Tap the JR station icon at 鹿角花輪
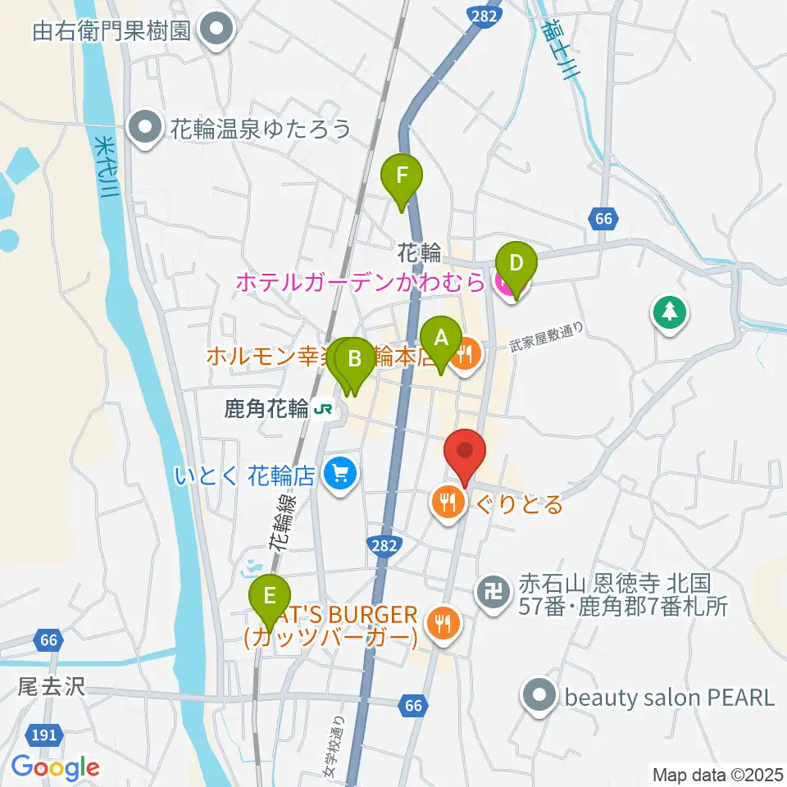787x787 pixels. pos(326,409)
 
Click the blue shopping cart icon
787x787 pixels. pos(338,473)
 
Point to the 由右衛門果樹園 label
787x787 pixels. pos(111,31)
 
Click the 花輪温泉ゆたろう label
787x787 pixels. pos(261,128)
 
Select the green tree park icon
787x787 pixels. pos(670,312)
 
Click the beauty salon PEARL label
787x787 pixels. pos(669,698)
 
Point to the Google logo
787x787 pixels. pos(55,767)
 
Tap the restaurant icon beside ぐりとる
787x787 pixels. pos(447,503)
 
